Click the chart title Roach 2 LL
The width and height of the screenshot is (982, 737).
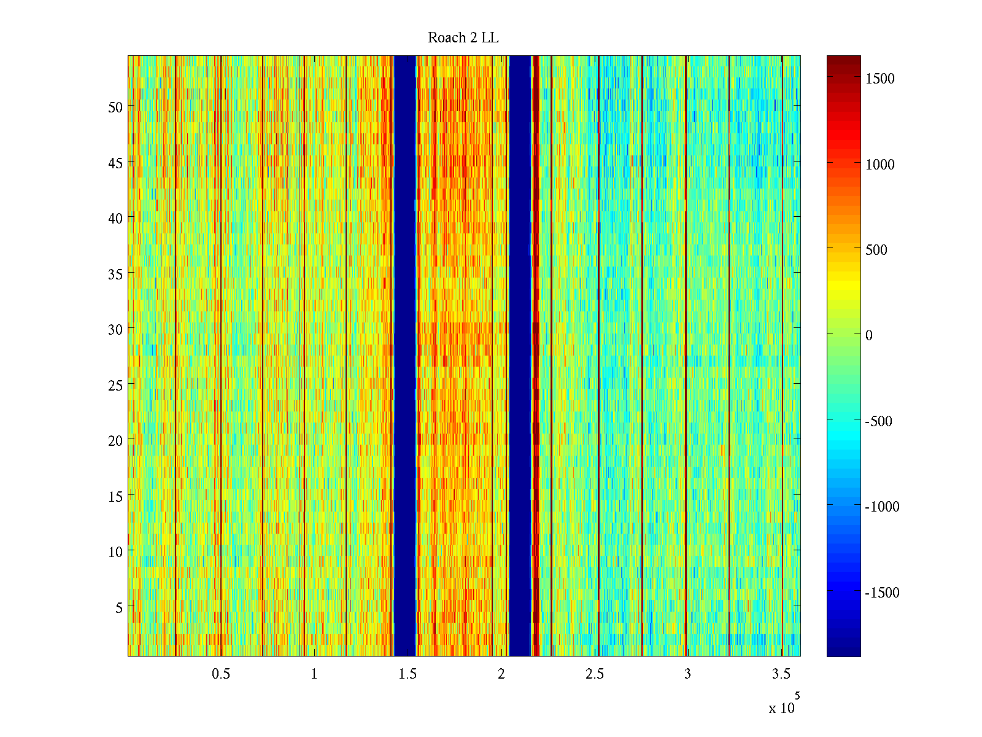click(463, 38)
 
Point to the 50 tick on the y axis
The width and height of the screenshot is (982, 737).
click(115, 107)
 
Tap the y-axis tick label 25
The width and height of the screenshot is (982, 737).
click(115, 385)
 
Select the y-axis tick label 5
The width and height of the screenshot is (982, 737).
click(119, 607)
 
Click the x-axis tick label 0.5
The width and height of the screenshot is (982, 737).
click(221, 674)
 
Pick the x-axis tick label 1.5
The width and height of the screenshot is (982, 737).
click(408, 674)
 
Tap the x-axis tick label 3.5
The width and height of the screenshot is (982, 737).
click(781, 674)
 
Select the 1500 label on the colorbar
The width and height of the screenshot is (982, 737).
click(880, 79)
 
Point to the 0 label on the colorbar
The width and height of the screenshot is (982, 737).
click(868, 335)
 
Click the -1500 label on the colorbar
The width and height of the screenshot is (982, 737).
click(882, 593)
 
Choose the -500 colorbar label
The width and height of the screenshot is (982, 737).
click(878, 421)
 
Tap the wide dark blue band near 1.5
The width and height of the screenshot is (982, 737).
click(405, 356)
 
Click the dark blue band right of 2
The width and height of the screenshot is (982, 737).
click(520, 356)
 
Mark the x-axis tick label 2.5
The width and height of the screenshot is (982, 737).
click(594, 674)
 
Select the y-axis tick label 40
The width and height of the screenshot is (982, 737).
click(115, 218)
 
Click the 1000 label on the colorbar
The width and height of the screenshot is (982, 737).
click(880, 165)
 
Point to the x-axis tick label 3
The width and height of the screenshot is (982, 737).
click(687, 674)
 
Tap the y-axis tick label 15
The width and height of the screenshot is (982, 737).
click(115, 496)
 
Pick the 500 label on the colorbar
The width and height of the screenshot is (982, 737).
click(876, 250)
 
